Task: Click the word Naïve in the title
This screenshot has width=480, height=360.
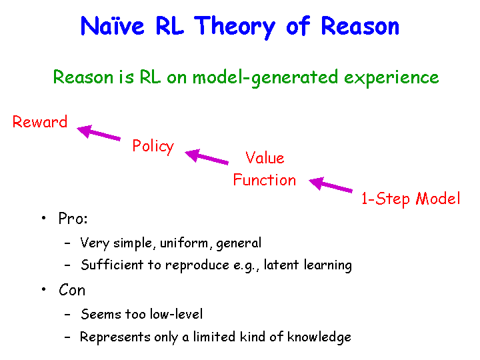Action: [112, 26]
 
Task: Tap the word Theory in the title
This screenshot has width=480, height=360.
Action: [235, 27]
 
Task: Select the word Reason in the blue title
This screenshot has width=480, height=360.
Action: [360, 26]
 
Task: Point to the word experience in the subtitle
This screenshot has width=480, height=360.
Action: [391, 79]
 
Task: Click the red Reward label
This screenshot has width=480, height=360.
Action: [40, 121]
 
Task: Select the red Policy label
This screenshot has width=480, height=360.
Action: [153, 146]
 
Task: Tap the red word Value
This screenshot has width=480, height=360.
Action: [265, 157]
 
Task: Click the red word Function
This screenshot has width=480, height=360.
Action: [265, 179]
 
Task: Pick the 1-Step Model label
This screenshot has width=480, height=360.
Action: [411, 199]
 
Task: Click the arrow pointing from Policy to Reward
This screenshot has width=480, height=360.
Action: [99, 132]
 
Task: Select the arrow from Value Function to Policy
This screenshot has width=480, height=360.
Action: [207, 157]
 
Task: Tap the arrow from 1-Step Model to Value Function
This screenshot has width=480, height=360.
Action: [331, 184]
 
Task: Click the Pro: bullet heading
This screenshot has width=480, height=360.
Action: [73, 219]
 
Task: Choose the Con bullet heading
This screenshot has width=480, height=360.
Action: [72, 290]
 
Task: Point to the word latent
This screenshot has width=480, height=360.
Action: [281, 265]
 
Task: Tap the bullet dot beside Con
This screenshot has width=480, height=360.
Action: [44, 289]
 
